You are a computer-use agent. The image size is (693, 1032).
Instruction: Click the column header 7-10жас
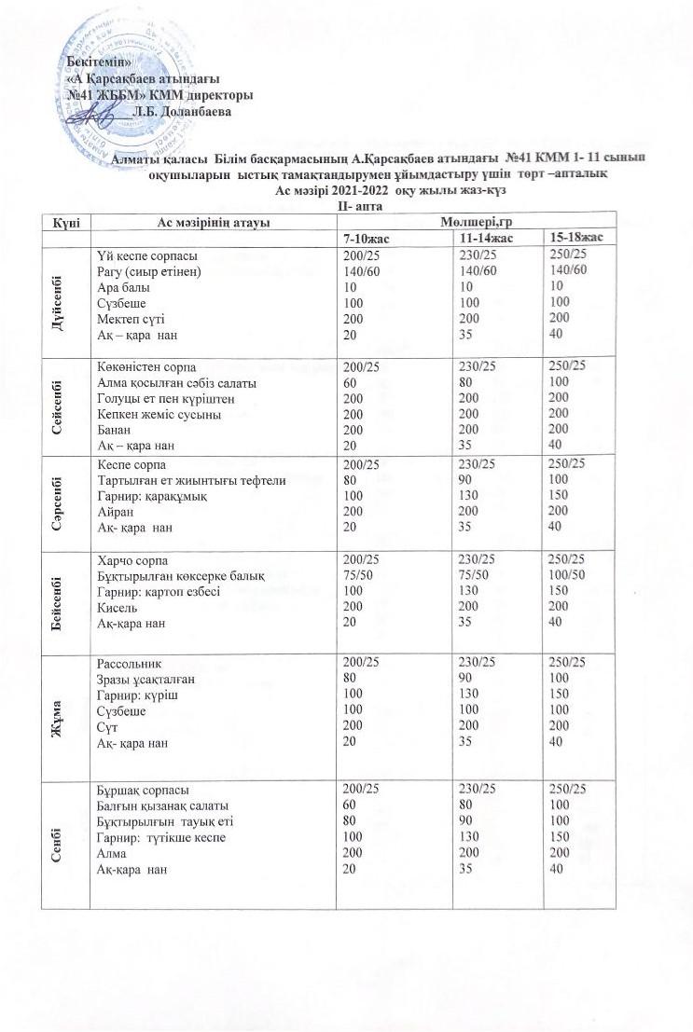pos(366,240)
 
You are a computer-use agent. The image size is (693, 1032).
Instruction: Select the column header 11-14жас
pos(478,240)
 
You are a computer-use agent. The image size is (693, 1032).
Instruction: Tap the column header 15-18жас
pos(575,240)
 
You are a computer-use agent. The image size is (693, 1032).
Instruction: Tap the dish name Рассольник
pos(131,663)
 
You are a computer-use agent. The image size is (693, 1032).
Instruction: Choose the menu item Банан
pos(116,430)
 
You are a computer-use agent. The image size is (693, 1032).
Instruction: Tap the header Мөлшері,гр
pos(478,222)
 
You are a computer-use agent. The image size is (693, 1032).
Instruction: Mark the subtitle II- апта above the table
pos(346,204)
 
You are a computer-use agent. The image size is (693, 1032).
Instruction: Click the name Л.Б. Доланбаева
pos(182,110)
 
